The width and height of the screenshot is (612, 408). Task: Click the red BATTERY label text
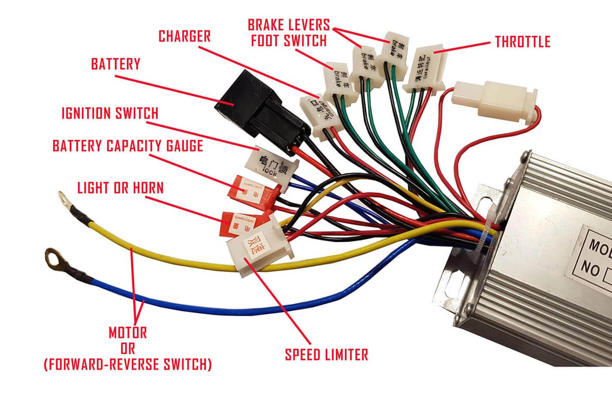point(115,64)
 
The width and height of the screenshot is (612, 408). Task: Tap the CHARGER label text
point(184,36)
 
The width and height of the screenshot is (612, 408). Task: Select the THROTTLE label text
point(523,42)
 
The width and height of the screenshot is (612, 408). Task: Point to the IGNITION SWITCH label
point(110,113)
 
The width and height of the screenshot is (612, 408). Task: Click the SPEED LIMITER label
point(326,354)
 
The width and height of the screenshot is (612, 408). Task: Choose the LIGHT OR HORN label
point(120,188)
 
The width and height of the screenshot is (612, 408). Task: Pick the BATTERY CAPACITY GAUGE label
point(128,146)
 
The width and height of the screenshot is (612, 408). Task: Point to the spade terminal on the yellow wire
point(64,200)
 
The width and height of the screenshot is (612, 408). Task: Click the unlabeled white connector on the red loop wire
point(494,100)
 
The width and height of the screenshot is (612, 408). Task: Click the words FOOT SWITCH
point(288,41)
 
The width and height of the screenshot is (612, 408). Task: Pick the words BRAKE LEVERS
point(288,25)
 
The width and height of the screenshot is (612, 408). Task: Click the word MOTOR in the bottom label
point(128,333)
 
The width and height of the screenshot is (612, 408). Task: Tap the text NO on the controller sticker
point(590,269)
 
